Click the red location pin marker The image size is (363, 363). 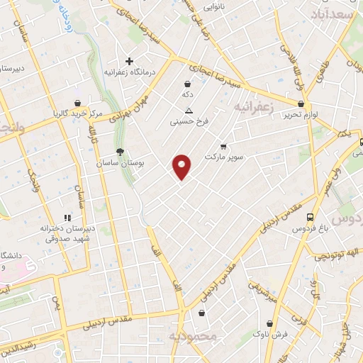coord(181,167)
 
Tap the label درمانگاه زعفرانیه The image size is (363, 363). coord(130,72)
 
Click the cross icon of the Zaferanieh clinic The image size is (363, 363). coord(129,61)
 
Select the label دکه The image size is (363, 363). coord(188,94)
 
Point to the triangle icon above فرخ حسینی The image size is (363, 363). coord(189,111)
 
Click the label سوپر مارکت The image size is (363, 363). coord(224,155)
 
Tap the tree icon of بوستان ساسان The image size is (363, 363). coord(120,151)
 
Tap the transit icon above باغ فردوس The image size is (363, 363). coord(309,217)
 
